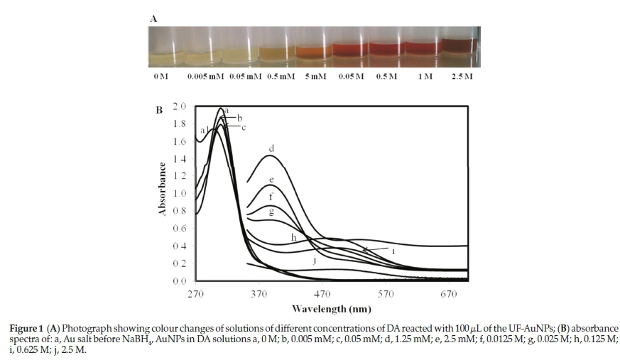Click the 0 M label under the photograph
tap(161, 76)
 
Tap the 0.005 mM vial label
tap(205, 76)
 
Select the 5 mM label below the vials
tap(315, 76)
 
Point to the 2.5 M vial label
tap(462, 76)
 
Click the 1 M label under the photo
tap(424, 76)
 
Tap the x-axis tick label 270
tap(196, 295)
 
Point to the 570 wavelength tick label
tap(386, 295)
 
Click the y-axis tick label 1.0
tap(179, 193)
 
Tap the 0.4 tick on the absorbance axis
tap(179, 246)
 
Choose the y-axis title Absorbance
tap(163, 190)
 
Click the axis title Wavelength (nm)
tap(331, 309)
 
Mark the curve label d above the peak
tap(271, 149)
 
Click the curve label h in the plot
tap(293, 237)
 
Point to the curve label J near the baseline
tap(313, 261)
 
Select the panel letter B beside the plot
tap(159, 110)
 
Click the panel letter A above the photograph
tap(153, 19)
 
